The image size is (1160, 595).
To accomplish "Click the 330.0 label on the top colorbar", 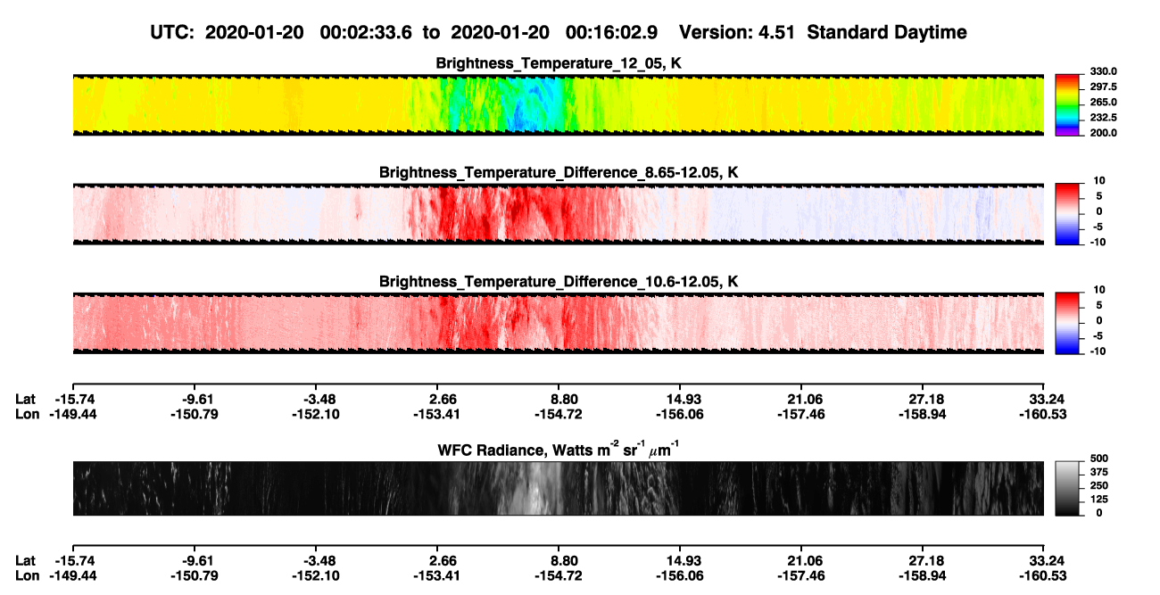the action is pos(1103,71).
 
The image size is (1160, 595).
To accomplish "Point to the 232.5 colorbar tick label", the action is pos(1103,118).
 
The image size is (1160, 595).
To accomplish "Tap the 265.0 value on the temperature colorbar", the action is pos(1103,102).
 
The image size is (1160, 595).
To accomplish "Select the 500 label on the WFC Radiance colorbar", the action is pos(1099,459).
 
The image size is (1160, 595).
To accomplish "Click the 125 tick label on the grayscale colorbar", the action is pos(1099,500).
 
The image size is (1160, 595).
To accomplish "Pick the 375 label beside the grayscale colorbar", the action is pos(1099,472).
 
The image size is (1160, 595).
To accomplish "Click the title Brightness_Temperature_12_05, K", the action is pos(559,63).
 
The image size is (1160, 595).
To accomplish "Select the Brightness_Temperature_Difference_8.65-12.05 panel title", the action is pos(559,172).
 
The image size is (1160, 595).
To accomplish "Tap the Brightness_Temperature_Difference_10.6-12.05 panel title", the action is pos(559,282).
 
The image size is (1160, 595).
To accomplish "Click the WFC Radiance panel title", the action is pos(559,450).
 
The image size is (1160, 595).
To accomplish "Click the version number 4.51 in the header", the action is pos(775,33).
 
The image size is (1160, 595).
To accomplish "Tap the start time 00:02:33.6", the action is pos(366,33).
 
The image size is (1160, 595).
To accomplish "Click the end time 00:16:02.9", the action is pos(611,33).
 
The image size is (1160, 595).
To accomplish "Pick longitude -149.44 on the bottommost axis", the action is pos(73,576).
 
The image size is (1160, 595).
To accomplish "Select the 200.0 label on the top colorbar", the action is pos(1103,133).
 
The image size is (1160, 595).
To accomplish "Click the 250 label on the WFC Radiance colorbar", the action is pos(1099,486).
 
